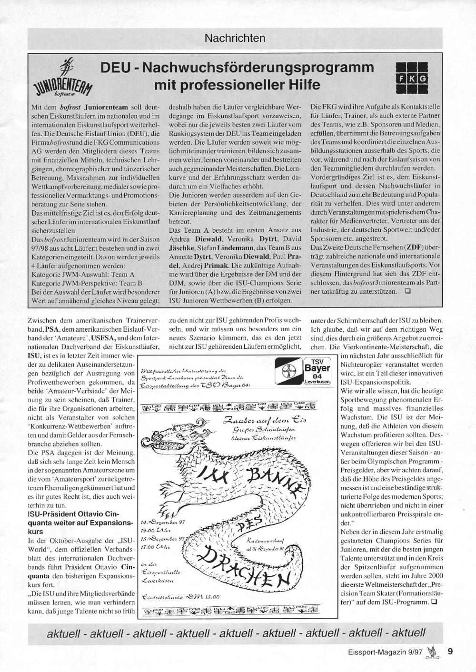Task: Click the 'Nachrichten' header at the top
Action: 235,37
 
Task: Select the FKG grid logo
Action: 412,78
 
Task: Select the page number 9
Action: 450,653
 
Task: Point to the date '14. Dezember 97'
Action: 162,522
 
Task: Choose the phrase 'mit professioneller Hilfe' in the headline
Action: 237,86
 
